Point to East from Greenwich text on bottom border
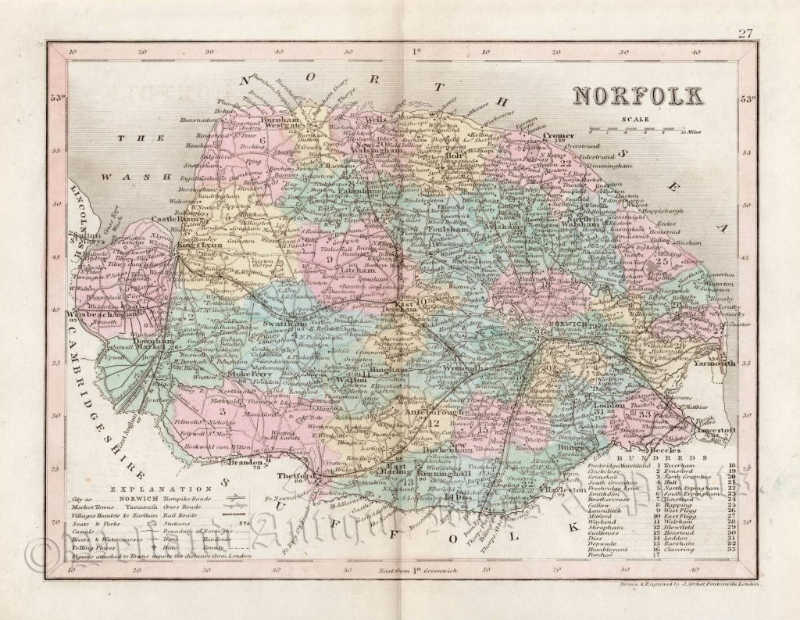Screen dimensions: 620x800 pos(413,574)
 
